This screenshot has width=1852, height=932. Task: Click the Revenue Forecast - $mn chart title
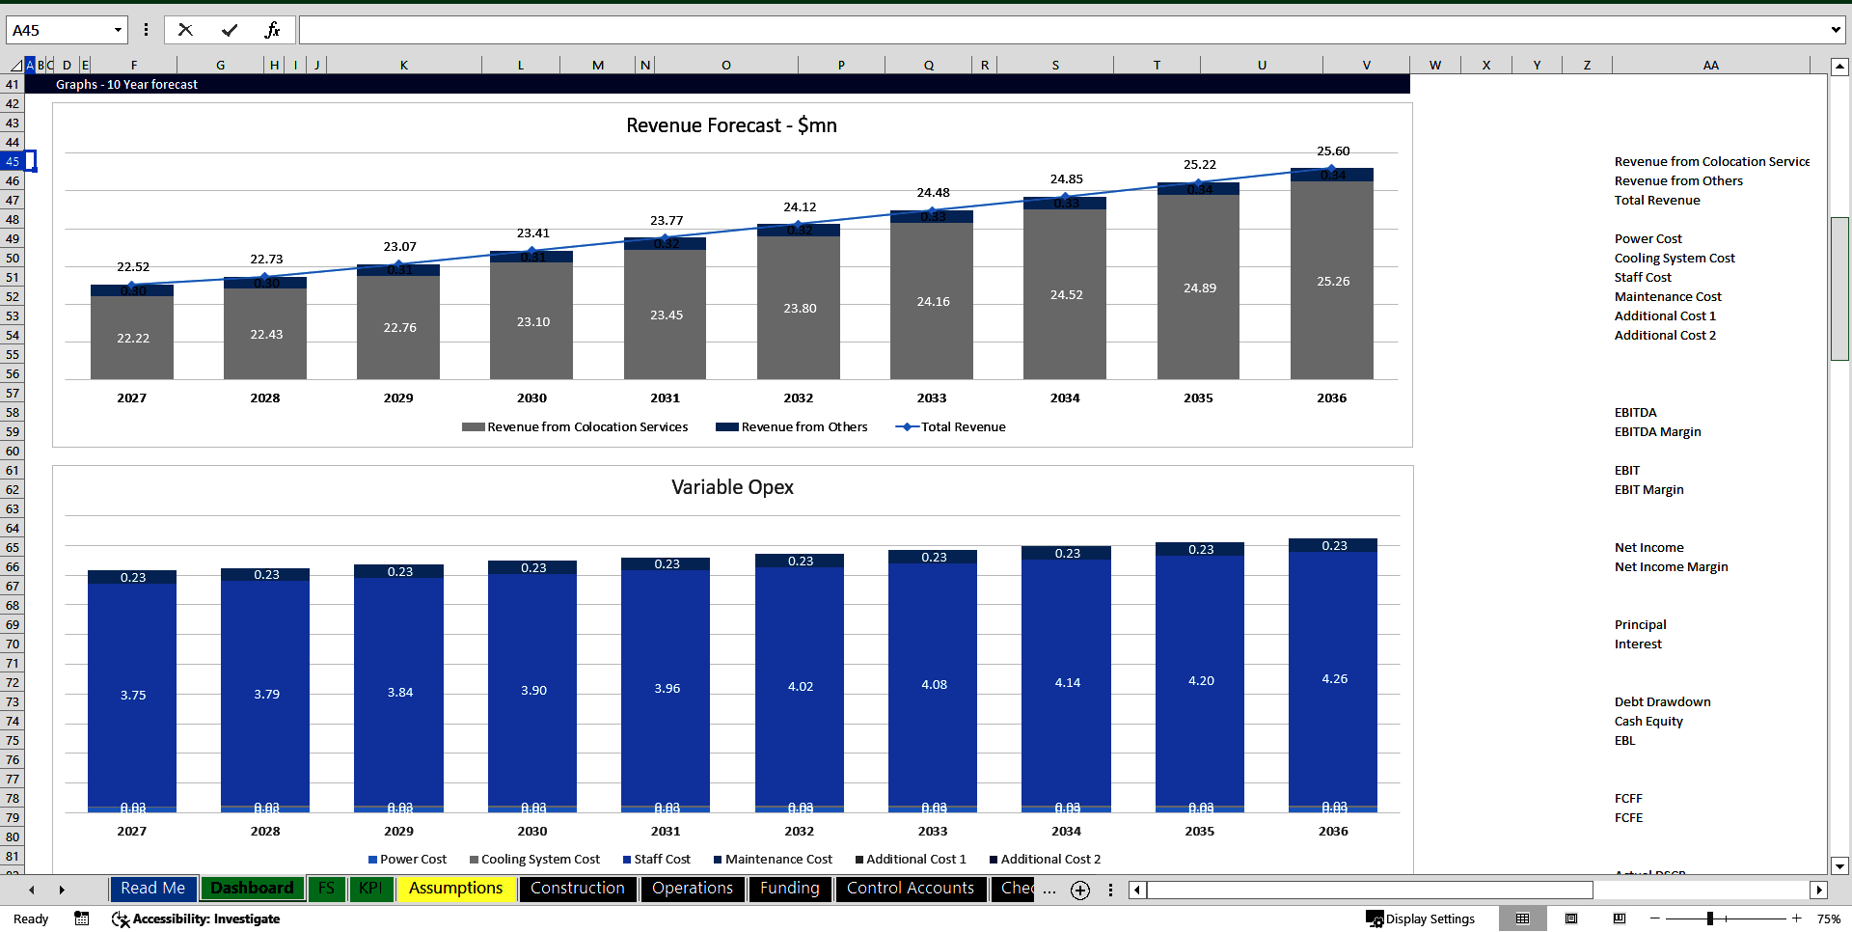(x=731, y=125)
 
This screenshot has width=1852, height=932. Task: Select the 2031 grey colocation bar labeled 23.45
(x=666, y=315)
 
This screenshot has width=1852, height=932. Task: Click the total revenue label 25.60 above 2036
(x=1333, y=151)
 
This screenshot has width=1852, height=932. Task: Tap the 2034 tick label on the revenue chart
(x=1065, y=397)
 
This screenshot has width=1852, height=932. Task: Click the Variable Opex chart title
(x=732, y=487)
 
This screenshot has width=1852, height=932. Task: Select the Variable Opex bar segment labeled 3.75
(x=133, y=695)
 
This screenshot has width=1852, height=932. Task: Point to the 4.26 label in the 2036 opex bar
(x=1334, y=679)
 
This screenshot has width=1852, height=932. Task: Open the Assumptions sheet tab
(x=455, y=888)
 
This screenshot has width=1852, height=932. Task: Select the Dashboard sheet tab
(x=252, y=888)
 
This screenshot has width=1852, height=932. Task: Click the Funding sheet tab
(x=789, y=888)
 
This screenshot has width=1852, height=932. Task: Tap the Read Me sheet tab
(x=152, y=888)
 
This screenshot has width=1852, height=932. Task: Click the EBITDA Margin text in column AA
(x=1657, y=431)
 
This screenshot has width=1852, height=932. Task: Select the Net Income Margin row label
(x=1671, y=566)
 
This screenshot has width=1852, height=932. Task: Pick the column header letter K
(x=403, y=65)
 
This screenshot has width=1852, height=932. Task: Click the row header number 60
(x=13, y=451)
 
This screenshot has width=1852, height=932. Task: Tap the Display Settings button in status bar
(x=1421, y=918)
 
